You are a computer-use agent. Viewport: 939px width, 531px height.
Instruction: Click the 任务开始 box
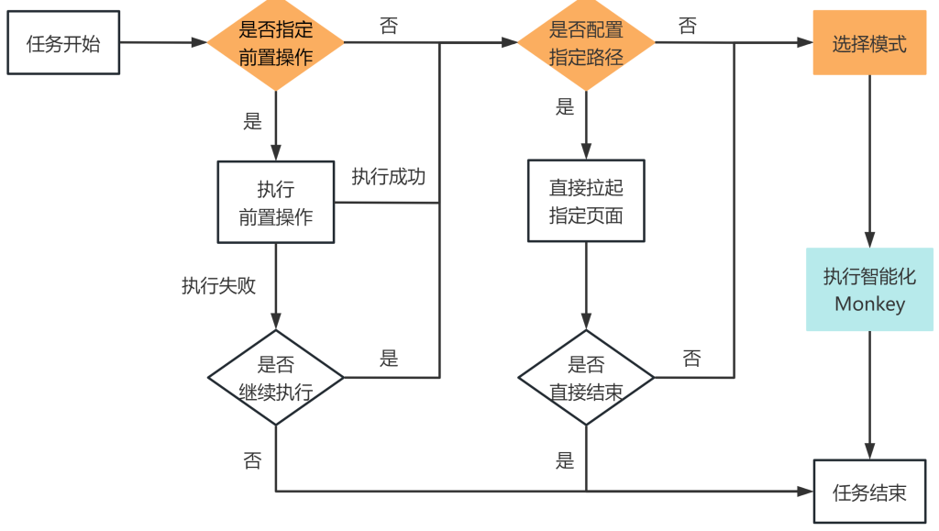click(x=63, y=43)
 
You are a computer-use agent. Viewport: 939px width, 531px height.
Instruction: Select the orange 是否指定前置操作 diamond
click(x=275, y=43)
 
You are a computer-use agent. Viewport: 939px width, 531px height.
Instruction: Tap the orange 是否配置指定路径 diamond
click(x=586, y=43)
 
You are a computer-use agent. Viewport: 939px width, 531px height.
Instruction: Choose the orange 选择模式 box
click(x=869, y=43)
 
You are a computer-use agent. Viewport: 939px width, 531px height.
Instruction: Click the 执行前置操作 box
click(x=275, y=203)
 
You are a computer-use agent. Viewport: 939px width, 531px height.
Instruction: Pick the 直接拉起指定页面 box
click(x=586, y=202)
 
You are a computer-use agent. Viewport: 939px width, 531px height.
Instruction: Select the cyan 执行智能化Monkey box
click(x=869, y=289)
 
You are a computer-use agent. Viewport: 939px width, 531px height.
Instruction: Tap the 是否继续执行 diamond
click(x=275, y=377)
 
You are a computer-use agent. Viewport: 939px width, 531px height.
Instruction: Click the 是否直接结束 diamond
click(x=586, y=377)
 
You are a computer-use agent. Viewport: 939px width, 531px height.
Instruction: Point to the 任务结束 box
click(x=869, y=492)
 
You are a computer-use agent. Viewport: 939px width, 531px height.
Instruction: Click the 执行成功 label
click(x=389, y=177)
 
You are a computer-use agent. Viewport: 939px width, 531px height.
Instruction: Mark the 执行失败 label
click(x=218, y=285)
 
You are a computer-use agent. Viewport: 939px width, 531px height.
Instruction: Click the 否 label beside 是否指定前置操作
click(x=389, y=26)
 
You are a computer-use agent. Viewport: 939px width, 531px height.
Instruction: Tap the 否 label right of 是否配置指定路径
click(x=687, y=26)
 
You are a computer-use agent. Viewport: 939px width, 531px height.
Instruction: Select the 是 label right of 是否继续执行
click(x=389, y=359)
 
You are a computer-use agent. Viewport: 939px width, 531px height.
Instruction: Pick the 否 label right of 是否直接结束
click(x=692, y=359)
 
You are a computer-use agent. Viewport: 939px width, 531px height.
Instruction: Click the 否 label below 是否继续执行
click(x=252, y=459)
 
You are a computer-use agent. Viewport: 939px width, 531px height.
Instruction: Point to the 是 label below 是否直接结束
click(x=565, y=459)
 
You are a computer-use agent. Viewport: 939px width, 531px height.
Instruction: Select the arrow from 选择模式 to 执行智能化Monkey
click(x=869, y=160)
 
